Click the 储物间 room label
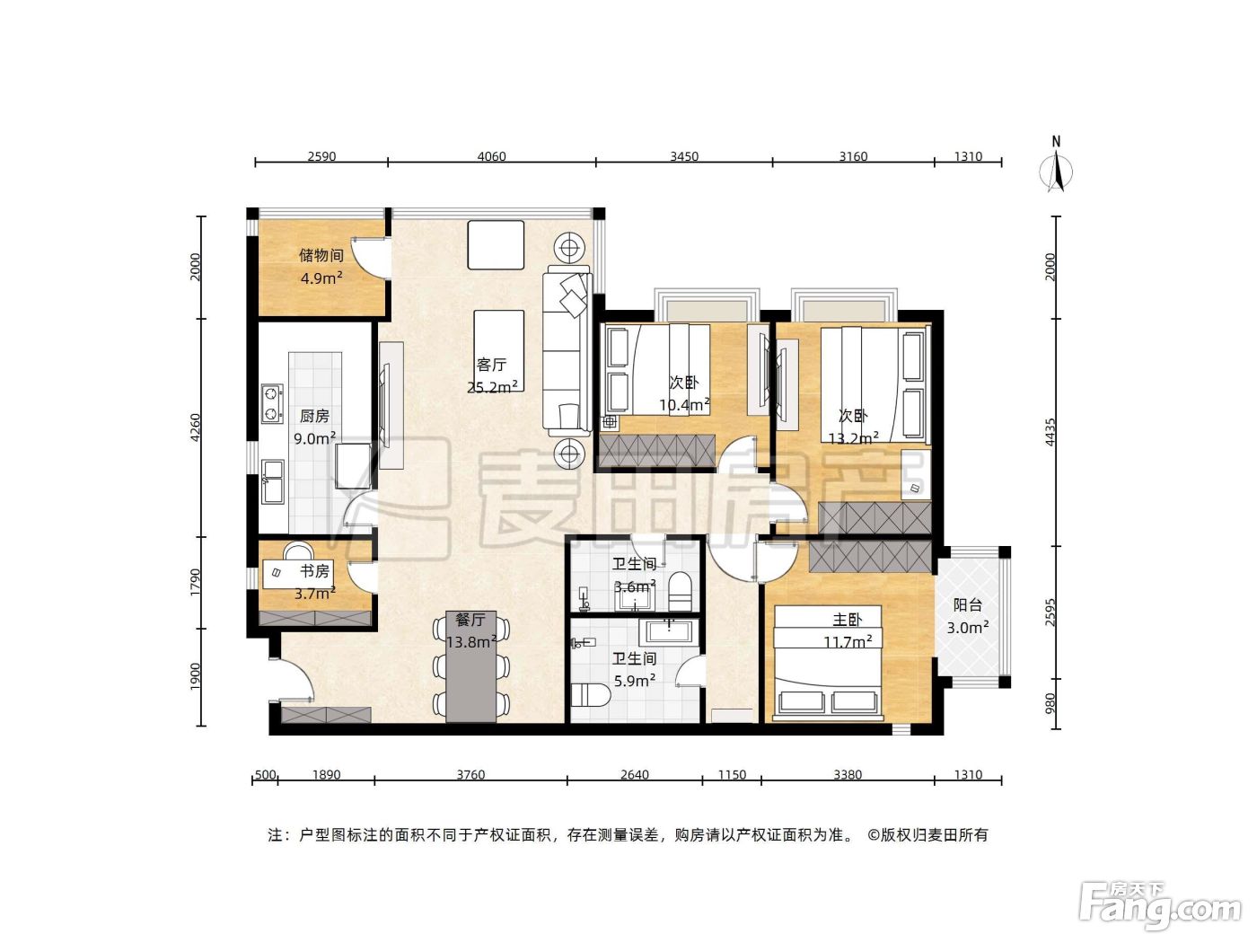(x=321, y=255)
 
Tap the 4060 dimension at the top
(x=491, y=156)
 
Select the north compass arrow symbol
(x=1057, y=172)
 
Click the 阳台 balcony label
(x=967, y=604)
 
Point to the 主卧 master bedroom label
(x=847, y=620)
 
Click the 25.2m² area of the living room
(x=493, y=387)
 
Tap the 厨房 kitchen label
(x=314, y=416)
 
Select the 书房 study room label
(x=314, y=571)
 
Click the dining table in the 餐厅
(x=470, y=666)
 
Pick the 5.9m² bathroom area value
(x=635, y=681)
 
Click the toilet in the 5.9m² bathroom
(x=591, y=695)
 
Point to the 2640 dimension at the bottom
(x=635, y=775)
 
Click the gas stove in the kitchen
(x=272, y=403)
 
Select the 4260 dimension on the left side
(x=195, y=427)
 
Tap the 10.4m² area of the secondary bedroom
(x=684, y=405)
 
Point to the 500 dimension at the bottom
(x=265, y=775)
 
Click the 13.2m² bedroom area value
(x=854, y=438)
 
